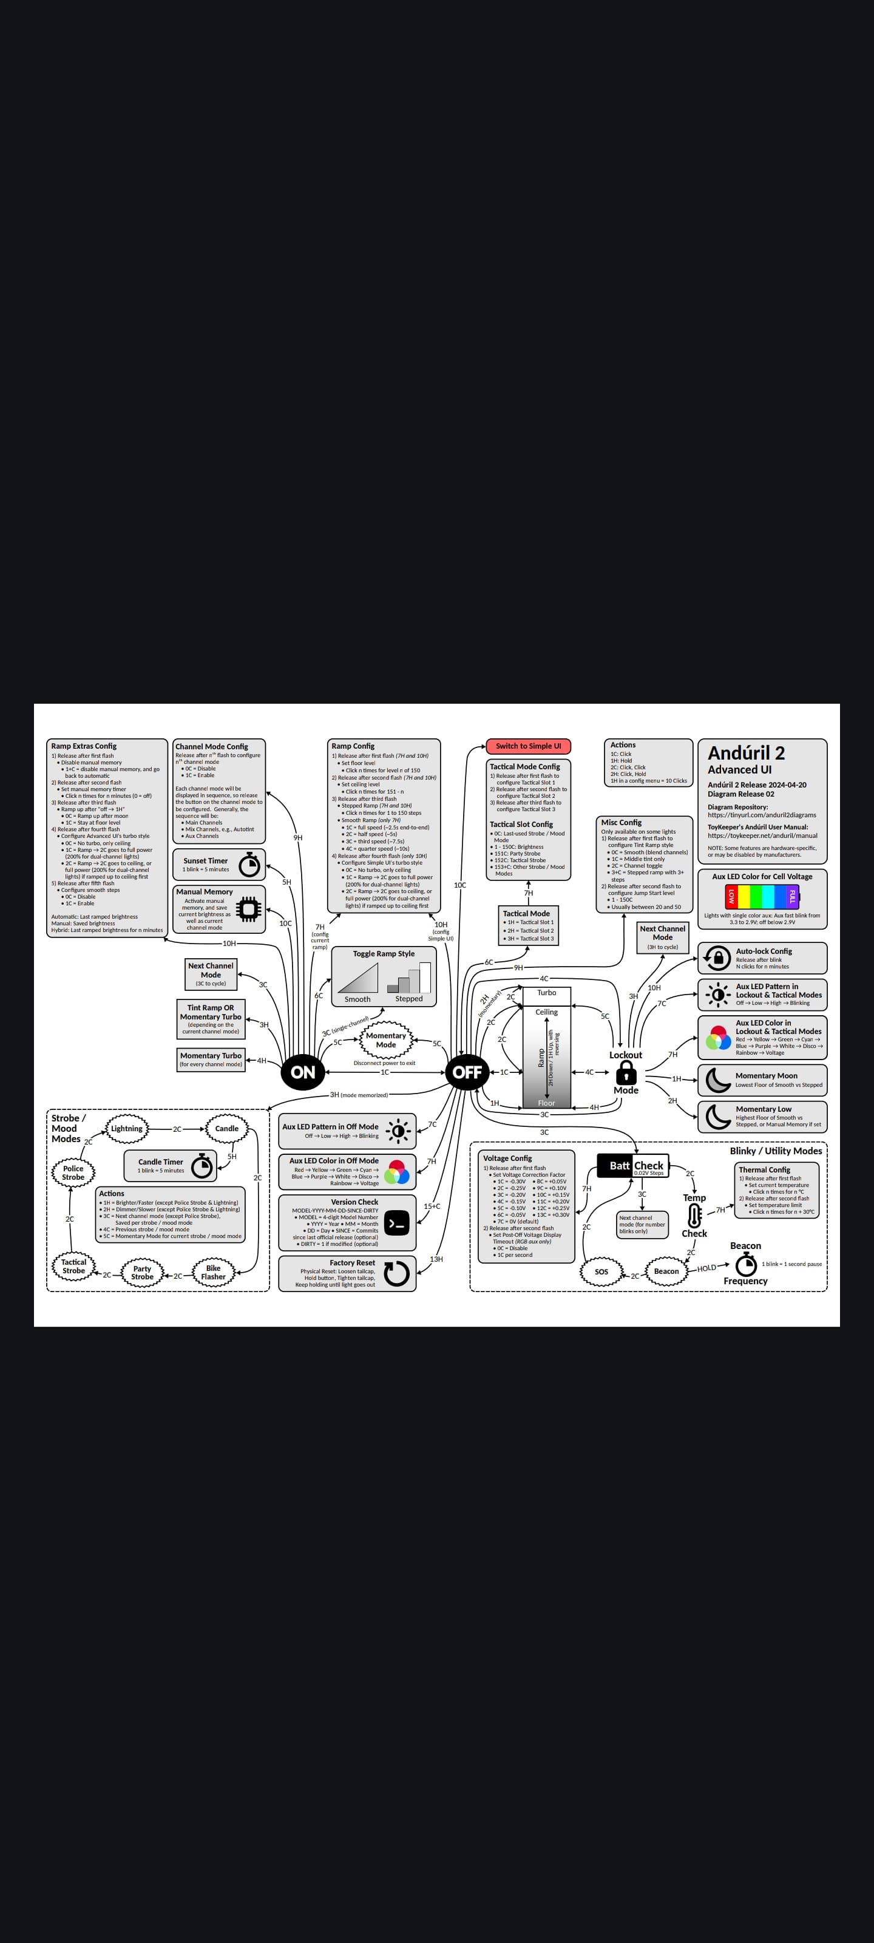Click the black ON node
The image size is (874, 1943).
(x=302, y=1072)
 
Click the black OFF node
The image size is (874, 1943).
(x=467, y=1072)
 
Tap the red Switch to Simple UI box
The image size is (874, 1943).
(x=528, y=746)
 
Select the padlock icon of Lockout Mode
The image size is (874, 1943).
(x=626, y=1072)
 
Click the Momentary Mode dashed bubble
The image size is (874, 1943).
(x=385, y=1040)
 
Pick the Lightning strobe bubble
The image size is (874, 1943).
(x=127, y=1128)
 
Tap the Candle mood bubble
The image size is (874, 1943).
(x=226, y=1128)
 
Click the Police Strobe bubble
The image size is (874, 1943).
(x=73, y=1172)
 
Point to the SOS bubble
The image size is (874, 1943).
(x=601, y=1271)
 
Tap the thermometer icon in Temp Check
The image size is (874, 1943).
(x=694, y=1215)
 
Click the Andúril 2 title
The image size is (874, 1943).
(x=746, y=753)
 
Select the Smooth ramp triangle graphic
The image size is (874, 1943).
(x=358, y=978)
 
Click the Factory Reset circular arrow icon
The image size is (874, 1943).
(x=397, y=1273)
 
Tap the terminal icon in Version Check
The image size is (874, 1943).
(x=397, y=1223)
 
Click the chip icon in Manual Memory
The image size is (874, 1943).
(x=248, y=910)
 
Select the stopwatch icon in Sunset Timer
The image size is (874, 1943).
(x=249, y=865)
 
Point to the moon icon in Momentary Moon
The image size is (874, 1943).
(x=717, y=1080)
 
